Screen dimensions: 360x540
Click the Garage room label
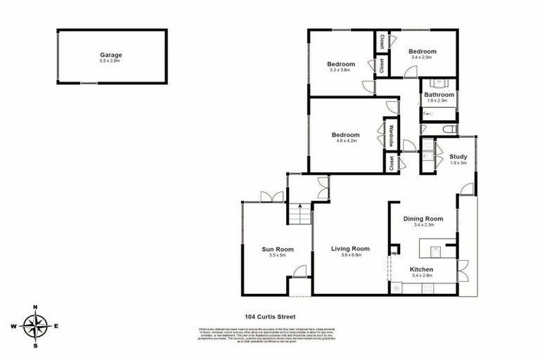click(111, 54)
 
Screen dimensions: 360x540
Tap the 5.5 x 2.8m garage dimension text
click(111, 61)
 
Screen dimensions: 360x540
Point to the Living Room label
click(350, 249)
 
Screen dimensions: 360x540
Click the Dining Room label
click(423, 219)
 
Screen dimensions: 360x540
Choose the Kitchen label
click(422, 270)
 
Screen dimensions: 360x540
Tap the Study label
click(458, 157)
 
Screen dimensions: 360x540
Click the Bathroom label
click(439, 95)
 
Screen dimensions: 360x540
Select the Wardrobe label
click(392, 135)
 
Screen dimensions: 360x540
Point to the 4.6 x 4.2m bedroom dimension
click(345, 141)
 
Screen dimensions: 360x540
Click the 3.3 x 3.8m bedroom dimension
click(342, 70)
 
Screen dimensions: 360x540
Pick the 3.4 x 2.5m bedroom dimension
click(423, 58)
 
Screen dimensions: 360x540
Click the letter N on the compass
click(35, 307)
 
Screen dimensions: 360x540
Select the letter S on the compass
click(35, 345)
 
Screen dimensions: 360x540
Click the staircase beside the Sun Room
click(300, 212)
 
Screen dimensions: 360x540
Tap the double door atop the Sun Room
click(266, 197)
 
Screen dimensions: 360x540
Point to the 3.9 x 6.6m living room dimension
click(350, 256)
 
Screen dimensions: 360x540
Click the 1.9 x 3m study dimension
click(458, 163)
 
